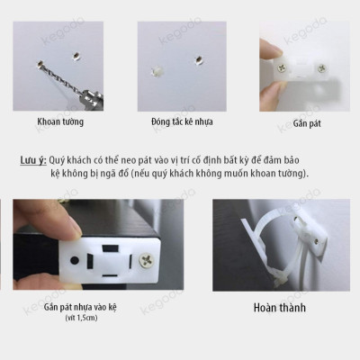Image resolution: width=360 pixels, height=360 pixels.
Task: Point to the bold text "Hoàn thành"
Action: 279,308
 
